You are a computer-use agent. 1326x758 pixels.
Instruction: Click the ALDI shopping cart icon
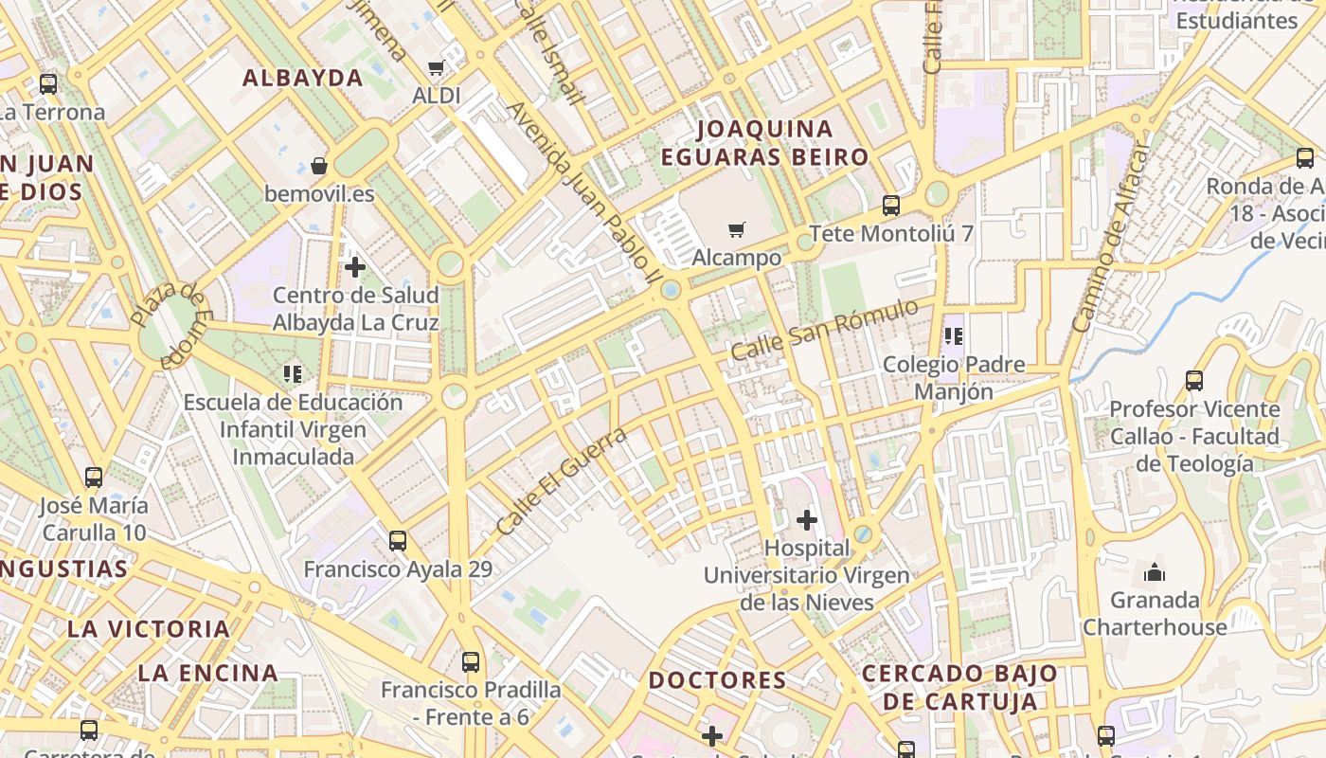click(x=436, y=68)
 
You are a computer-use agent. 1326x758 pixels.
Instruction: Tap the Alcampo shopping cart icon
click(x=737, y=229)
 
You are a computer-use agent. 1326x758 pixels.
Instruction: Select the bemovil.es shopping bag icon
click(x=319, y=166)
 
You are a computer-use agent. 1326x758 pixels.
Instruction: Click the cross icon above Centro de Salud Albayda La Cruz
click(x=355, y=267)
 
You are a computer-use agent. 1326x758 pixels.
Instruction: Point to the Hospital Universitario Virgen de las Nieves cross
click(x=807, y=520)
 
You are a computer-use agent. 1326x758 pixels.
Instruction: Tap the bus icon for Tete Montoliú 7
click(x=891, y=205)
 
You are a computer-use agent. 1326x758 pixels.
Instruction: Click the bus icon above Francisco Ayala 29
click(x=398, y=541)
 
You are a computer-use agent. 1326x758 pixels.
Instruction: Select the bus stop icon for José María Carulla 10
click(x=94, y=478)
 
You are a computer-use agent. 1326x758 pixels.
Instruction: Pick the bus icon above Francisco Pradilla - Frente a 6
click(x=471, y=662)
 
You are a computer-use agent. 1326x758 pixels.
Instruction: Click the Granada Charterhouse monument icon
click(x=1155, y=572)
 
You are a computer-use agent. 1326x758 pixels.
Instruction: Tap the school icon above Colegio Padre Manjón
click(x=954, y=336)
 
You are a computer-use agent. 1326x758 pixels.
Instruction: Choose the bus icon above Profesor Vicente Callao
click(x=1194, y=381)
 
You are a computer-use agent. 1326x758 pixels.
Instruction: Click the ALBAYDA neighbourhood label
click(x=303, y=78)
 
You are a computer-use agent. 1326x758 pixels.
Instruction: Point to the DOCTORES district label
click(x=718, y=680)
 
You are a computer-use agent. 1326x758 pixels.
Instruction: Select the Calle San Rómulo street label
click(x=824, y=329)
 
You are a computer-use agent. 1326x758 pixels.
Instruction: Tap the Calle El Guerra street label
click(x=562, y=480)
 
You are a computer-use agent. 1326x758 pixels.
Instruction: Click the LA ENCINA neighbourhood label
click(x=208, y=673)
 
